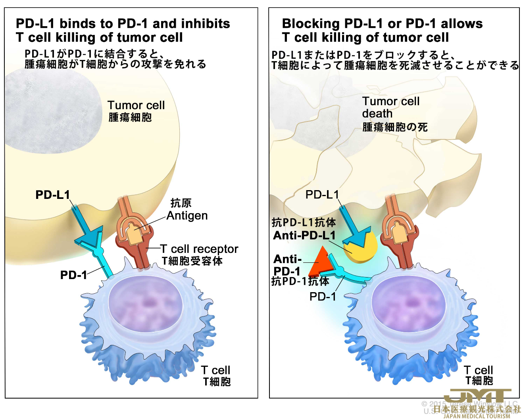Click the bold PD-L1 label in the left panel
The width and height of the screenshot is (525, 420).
pyautogui.click(x=52, y=195)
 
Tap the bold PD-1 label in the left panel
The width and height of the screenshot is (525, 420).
pyautogui.click(x=73, y=275)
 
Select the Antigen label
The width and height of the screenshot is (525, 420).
pyautogui.click(x=187, y=216)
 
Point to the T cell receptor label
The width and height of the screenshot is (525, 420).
pyautogui.click(x=199, y=249)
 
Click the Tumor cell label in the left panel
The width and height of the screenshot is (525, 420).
pyautogui.click(x=136, y=106)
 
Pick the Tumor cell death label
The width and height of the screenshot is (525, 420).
pyautogui.click(x=390, y=108)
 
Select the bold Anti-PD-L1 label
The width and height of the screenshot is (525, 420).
pyautogui.click(x=304, y=235)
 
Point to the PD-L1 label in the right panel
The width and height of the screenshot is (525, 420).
pyautogui.click(x=322, y=195)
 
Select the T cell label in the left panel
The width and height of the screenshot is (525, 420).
pyautogui.click(x=215, y=370)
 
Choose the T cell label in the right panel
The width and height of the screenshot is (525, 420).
pyautogui.click(x=478, y=370)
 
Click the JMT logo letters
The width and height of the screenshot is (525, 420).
pyautogui.click(x=477, y=396)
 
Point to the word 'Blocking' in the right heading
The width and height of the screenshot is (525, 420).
pyautogui.click(x=311, y=24)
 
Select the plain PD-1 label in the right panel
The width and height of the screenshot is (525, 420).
pyautogui.click(x=322, y=297)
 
